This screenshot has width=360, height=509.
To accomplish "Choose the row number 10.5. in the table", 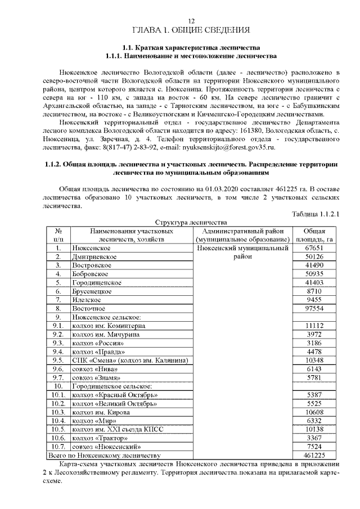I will (x=57, y=429).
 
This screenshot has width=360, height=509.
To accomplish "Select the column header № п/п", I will (x=58, y=235).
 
